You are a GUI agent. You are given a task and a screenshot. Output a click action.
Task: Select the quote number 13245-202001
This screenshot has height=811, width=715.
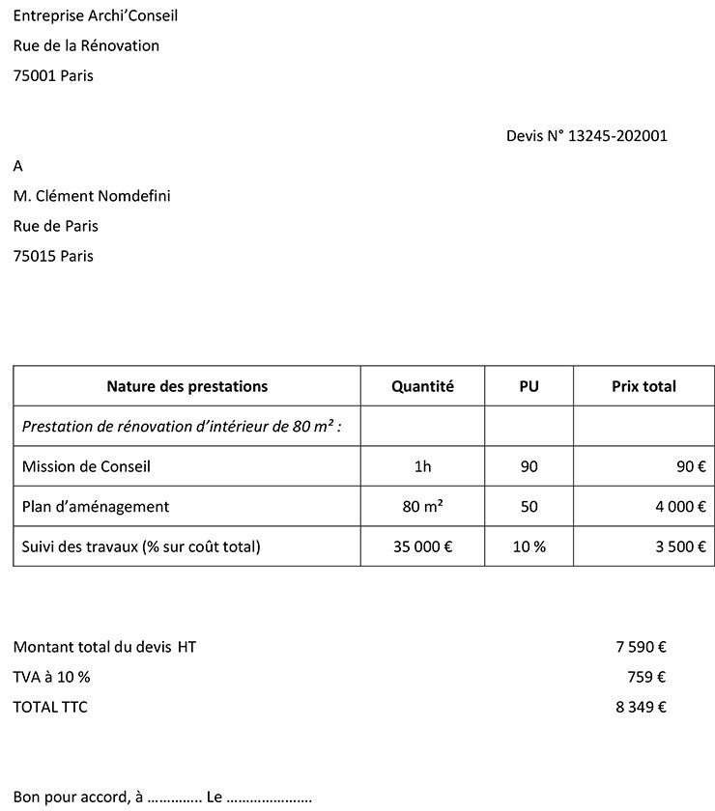tap(617, 136)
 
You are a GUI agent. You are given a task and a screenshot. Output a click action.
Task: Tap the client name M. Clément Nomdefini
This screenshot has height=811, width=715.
tap(92, 196)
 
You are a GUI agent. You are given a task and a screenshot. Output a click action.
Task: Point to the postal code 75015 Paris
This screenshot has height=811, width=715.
tap(53, 256)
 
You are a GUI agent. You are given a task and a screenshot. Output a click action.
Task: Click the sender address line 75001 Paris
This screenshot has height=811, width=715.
tap(53, 75)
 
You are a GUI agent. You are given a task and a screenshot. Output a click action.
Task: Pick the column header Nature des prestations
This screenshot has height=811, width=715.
tap(186, 386)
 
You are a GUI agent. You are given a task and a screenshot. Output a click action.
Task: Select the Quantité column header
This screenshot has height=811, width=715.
tap(422, 386)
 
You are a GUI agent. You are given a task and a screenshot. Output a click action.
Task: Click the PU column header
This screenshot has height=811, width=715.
tap(529, 386)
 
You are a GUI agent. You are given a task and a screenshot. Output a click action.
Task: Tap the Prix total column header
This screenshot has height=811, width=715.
tap(643, 386)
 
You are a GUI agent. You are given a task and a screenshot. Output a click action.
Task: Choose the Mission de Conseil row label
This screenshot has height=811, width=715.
tap(86, 466)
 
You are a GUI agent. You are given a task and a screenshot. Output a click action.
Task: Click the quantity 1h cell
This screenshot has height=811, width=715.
tap(422, 466)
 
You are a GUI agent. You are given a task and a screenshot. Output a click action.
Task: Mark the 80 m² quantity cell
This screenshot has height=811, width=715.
tap(422, 507)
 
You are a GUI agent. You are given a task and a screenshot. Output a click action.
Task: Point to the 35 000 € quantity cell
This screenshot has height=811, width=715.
tap(422, 546)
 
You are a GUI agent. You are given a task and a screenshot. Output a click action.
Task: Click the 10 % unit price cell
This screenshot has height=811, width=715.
tap(529, 546)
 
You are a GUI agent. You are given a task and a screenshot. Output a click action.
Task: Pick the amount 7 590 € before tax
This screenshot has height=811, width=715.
tap(641, 648)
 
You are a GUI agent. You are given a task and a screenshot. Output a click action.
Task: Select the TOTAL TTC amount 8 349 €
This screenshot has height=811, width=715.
tap(641, 708)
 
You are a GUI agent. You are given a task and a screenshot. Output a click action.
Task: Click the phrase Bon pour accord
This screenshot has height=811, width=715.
tap(69, 797)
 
